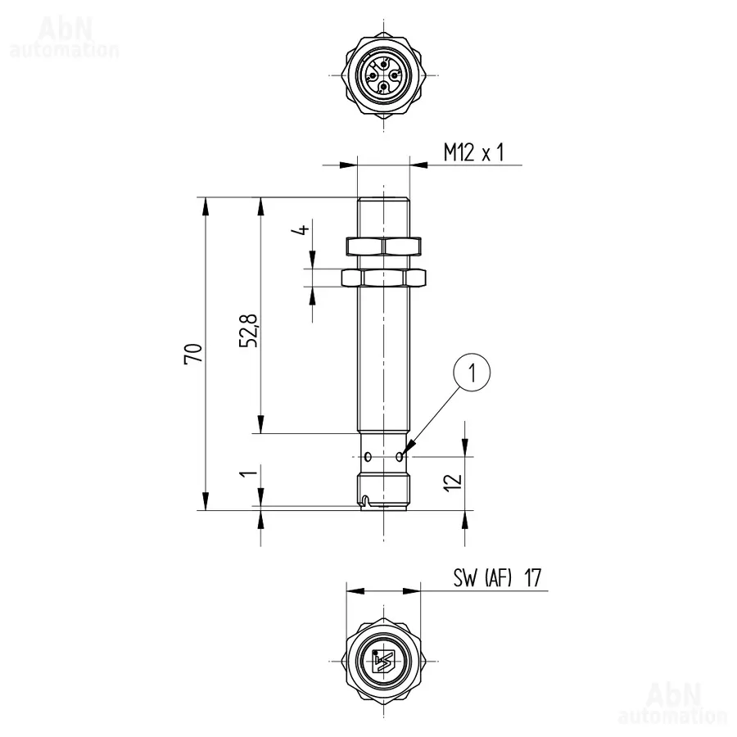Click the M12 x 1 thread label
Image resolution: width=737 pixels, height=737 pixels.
474,152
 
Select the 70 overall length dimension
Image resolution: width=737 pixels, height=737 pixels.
193,353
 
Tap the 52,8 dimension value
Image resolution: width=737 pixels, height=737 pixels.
249,330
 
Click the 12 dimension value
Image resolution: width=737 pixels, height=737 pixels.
453,482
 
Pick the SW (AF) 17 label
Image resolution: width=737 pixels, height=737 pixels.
497,577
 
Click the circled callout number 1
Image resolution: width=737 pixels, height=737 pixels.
472,373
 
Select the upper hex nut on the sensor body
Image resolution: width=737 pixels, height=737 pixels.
383,246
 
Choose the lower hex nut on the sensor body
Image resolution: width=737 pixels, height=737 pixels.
383,278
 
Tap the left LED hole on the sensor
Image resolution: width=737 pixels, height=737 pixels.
368,456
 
